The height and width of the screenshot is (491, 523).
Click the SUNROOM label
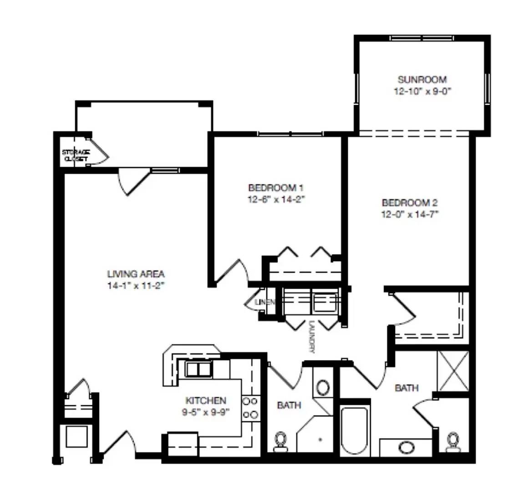click(x=422, y=80)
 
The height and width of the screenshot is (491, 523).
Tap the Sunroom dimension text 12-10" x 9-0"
click(x=422, y=91)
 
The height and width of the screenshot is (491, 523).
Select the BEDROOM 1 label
click(x=276, y=188)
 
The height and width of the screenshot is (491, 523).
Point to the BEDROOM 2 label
click(x=410, y=202)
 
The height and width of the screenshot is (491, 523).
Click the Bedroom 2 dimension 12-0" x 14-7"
click(x=410, y=214)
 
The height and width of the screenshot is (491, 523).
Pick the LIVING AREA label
click(x=136, y=274)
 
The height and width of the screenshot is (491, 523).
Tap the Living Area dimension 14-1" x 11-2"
click(x=136, y=286)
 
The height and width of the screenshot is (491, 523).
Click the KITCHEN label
click(x=206, y=401)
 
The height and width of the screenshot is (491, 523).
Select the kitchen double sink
click(x=198, y=369)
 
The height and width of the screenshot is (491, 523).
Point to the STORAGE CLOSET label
click(x=76, y=155)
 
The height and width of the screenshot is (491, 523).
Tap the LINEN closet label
click(x=265, y=302)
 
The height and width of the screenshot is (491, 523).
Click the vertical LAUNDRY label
click(x=312, y=336)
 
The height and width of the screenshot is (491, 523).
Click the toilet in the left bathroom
click(x=280, y=442)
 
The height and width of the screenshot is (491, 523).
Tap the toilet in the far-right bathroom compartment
click(x=453, y=442)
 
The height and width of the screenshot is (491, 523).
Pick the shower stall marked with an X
click(x=453, y=371)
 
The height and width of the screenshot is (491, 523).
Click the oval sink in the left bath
click(x=323, y=387)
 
